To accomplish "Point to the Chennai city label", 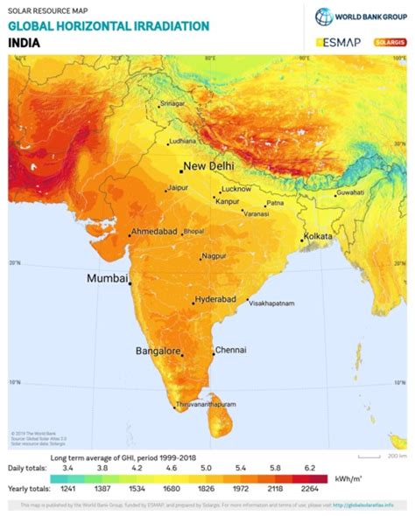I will (x=231, y=349).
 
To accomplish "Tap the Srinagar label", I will (x=173, y=104).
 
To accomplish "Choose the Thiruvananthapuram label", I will (x=207, y=406).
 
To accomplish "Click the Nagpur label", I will (x=214, y=256).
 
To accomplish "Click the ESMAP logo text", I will (x=338, y=41).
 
